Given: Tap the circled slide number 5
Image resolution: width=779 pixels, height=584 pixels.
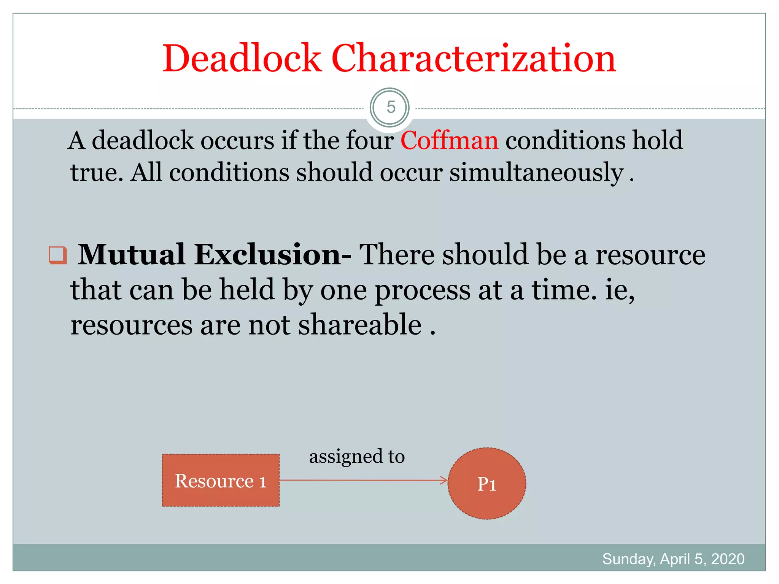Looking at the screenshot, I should click(390, 108).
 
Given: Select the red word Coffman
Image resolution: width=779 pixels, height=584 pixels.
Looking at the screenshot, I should click(449, 140).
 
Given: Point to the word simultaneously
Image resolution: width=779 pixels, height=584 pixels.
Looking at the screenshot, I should click(536, 173).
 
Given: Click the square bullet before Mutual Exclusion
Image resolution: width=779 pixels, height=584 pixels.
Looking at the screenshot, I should click(58, 255).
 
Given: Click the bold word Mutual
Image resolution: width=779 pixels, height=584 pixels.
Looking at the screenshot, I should click(131, 254).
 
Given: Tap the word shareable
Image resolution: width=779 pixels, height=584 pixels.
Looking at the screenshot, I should click(360, 325).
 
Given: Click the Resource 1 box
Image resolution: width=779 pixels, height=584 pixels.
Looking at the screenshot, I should click(221, 481).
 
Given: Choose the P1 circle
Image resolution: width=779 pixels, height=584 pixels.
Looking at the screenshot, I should click(487, 484).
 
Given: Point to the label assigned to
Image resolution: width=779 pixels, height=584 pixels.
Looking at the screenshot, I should click(357, 456).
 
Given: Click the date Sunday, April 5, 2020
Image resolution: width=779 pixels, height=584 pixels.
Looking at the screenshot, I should click(673, 559).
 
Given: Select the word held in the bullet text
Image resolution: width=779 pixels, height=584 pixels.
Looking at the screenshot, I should click(247, 290).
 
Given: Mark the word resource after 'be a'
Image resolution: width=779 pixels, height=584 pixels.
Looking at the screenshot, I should click(650, 254).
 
